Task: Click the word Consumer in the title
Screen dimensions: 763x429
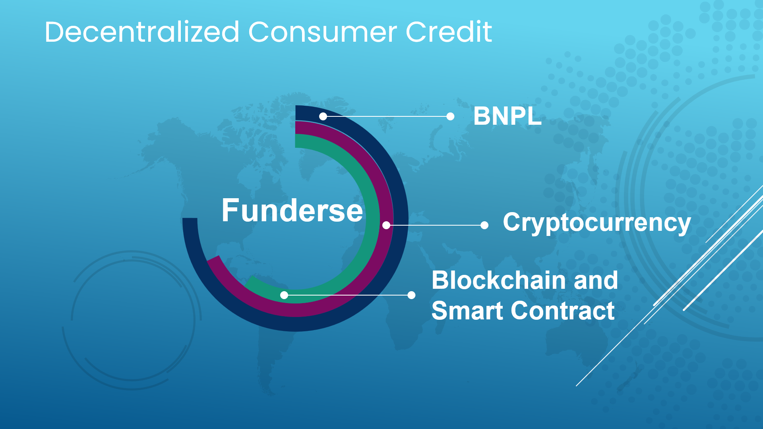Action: pos(323,32)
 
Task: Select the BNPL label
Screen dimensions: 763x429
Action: pos(507,116)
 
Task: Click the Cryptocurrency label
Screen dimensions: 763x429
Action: pos(597,222)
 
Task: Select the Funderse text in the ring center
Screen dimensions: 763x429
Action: pos(292,210)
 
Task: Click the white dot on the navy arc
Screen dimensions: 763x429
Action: pos(323,116)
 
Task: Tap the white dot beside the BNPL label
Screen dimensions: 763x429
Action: pos(450,116)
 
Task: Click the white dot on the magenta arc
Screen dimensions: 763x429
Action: pos(386,225)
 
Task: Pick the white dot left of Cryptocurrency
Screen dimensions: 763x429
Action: pos(484,225)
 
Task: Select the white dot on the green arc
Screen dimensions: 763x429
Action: pos(284,295)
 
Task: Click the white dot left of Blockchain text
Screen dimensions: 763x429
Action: pos(412,295)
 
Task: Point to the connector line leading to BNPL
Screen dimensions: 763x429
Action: pos(387,116)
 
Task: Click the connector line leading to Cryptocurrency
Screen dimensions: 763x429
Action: pos(435,225)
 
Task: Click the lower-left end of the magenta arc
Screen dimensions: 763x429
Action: pos(213,259)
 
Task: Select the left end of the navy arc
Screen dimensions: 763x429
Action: pos(190,218)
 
